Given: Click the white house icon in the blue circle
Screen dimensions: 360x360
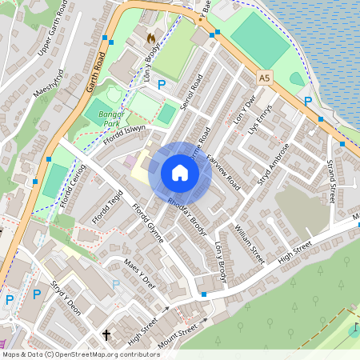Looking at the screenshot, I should (180, 173).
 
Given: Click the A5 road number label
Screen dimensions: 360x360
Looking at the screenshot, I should (265, 78).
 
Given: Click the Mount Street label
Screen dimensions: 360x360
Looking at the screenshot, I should (177, 330).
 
